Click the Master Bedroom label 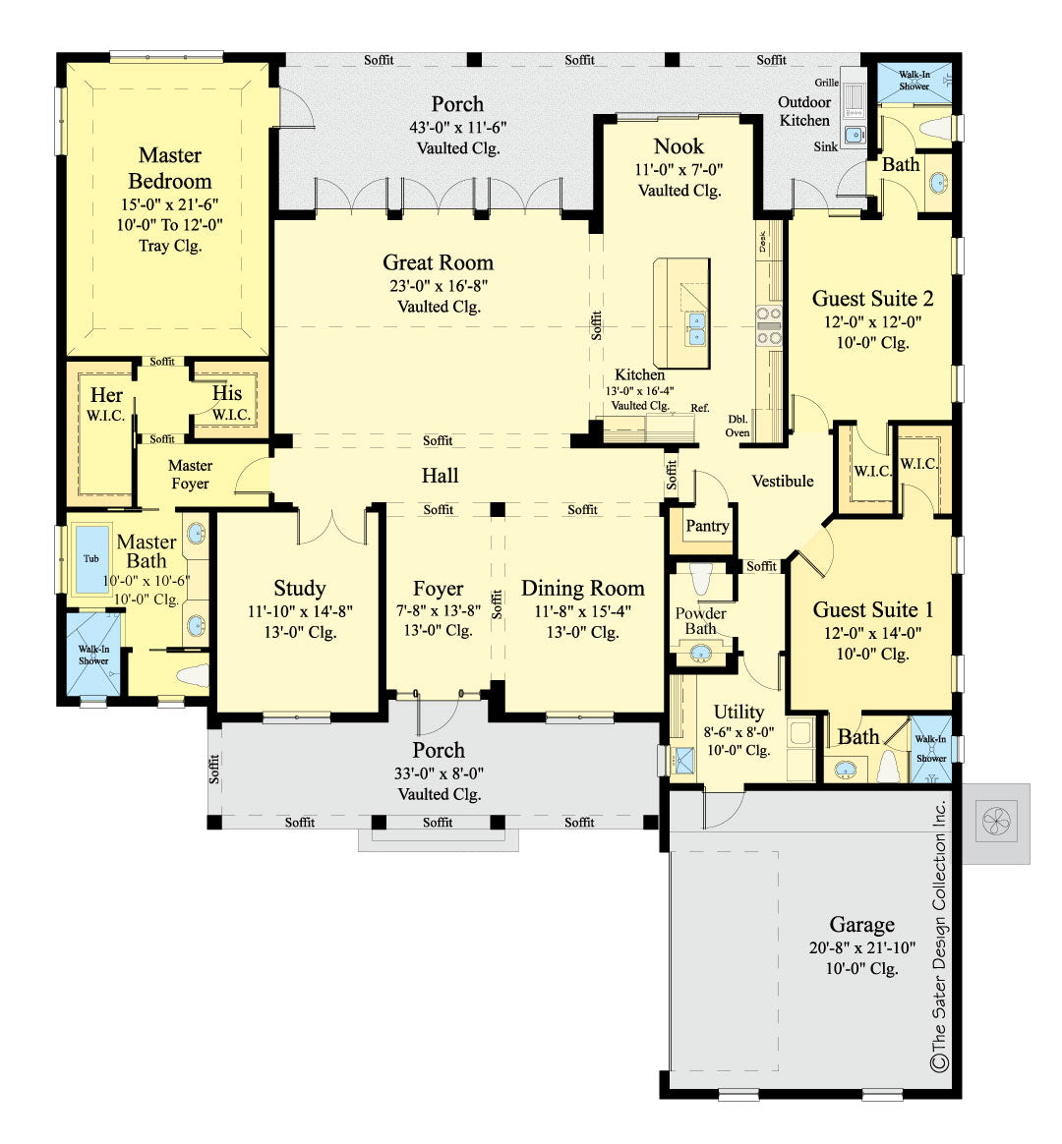pyautogui.click(x=169, y=168)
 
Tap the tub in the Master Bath pyautogui.click(x=91, y=558)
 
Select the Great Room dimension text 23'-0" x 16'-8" pyautogui.click(x=439, y=285)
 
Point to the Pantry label pyautogui.click(x=707, y=526)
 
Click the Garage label pyautogui.click(x=861, y=925)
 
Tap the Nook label pyautogui.click(x=678, y=146)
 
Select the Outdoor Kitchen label pyautogui.click(x=804, y=111)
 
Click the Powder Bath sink pyautogui.click(x=701, y=652)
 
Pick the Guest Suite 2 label pyautogui.click(x=872, y=299)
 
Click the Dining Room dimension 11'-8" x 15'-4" pyautogui.click(x=582, y=610)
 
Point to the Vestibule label pyautogui.click(x=783, y=481)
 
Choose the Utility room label pyautogui.click(x=738, y=712)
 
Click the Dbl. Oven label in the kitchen pyautogui.click(x=737, y=425)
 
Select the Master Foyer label pyautogui.click(x=190, y=474)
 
